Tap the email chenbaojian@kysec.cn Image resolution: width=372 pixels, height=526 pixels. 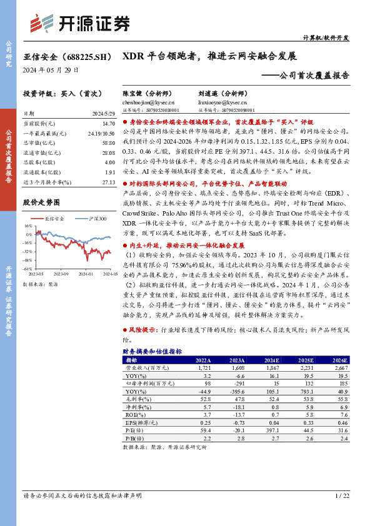coord(148,102)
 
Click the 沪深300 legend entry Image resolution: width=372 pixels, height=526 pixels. coord(94,219)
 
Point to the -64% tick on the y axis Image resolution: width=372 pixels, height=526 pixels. coord(28,269)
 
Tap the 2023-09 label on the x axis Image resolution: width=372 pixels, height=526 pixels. coord(61,274)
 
